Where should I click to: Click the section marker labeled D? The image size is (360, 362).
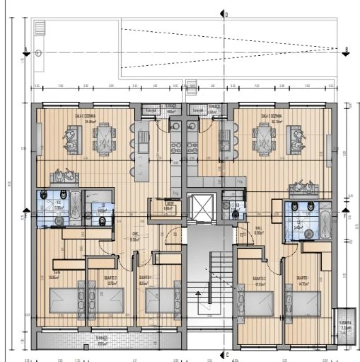223,14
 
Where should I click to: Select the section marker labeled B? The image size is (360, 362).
345,50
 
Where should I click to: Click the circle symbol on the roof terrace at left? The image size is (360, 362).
38,52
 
